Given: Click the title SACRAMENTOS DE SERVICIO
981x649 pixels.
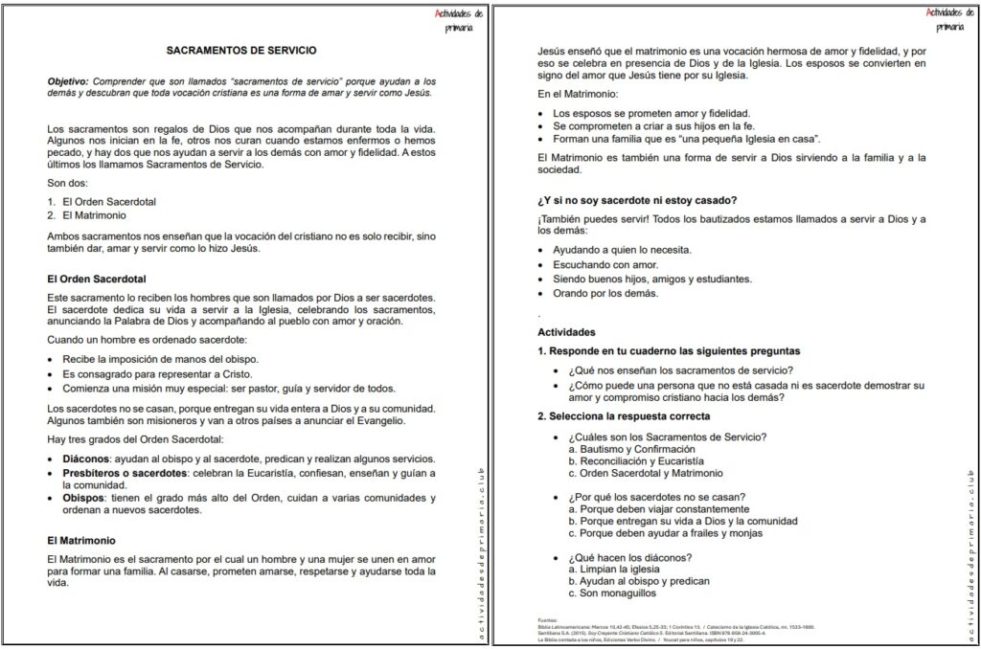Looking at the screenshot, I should point(241,49).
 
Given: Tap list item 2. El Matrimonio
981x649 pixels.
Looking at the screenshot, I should point(87,215).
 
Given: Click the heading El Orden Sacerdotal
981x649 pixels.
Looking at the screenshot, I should point(96,280).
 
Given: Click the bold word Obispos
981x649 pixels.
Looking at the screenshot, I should point(82,498).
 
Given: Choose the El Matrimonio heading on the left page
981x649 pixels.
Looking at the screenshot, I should point(82,540).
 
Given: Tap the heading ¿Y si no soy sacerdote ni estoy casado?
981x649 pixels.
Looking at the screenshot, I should point(637,200).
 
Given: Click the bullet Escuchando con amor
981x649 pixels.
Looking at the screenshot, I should point(606,264).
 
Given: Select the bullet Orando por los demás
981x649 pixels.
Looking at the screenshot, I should point(605,293).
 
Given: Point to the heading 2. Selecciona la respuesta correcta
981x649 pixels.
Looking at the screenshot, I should point(624,416).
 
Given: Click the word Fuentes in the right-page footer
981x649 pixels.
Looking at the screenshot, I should point(548,619).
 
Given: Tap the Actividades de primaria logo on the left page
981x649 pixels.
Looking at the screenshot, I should point(459,20).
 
